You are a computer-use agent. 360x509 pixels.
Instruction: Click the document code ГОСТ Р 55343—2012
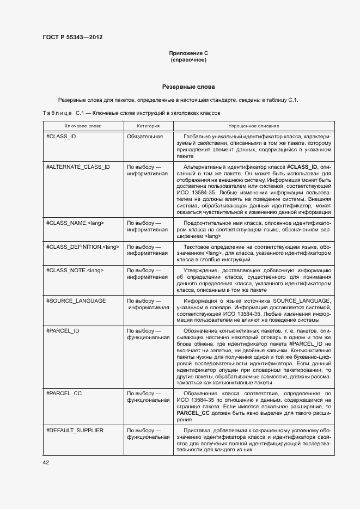pyautogui.click(x=72, y=37)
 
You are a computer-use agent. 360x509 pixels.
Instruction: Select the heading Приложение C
pyautogui.click(x=188, y=53)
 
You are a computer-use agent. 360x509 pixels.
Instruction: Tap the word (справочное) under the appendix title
pyautogui.click(x=188, y=60)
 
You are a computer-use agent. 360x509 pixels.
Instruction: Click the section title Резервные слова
pyautogui.click(x=188, y=87)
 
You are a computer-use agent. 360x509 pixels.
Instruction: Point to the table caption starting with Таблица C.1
pyautogui.click(x=131, y=113)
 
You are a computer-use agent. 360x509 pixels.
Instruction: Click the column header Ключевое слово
pyautogui.click(x=83, y=125)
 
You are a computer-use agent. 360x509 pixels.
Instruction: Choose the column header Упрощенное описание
pyautogui.click(x=253, y=125)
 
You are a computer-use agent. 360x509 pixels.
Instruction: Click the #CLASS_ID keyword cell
pyautogui.click(x=61, y=136)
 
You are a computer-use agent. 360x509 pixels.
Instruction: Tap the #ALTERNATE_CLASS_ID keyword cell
pyautogui.click(x=78, y=167)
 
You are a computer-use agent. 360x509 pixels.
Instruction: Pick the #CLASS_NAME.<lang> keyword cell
pyautogui.click(x=75, y=223)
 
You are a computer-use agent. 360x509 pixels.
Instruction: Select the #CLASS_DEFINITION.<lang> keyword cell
pyautogui.click(x=82, y=247)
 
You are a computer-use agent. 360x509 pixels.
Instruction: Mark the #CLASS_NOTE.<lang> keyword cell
pyautogui.click(x=75, y=270)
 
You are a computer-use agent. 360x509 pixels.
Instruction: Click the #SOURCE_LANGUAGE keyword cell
pyautogui.click(x=76, y=301)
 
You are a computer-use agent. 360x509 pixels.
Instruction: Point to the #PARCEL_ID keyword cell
pyautogui.click(x=63, y=330)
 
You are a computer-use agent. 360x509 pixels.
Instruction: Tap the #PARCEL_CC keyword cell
pyautogui.click(x=64, y=393)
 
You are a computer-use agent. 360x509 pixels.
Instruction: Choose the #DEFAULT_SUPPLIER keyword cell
pyautogui.click(x=75, y=430)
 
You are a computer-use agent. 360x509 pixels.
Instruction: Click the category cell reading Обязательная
pyautogui.click(x=145, y=136)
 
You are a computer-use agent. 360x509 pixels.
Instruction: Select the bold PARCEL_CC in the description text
pyautogui.click(x=193, y=413)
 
